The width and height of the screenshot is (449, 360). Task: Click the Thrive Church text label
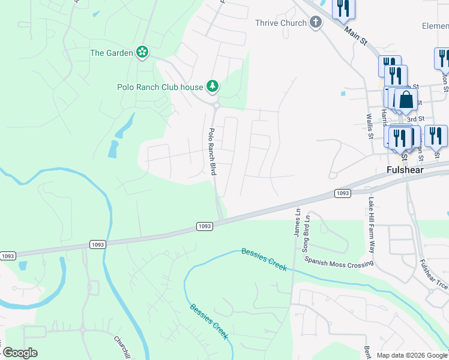click(x=281, y=23)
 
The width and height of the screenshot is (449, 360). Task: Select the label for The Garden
click(x=111, y=53)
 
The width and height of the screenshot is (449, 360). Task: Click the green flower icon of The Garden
click(x=142, y=53)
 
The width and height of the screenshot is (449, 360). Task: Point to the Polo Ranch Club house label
click(x=160, y=87)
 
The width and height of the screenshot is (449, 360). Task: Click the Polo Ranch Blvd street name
click(x=211, y=151)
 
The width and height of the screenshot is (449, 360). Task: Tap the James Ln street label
click(x=297, y=223)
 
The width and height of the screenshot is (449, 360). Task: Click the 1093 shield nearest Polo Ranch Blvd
click(x=204, y=226)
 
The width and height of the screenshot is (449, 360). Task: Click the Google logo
click(x=20, y=353)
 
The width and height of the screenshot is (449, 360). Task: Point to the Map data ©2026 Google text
click(x=412, y=356)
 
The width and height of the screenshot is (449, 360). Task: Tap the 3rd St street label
click(x=417, y=119)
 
